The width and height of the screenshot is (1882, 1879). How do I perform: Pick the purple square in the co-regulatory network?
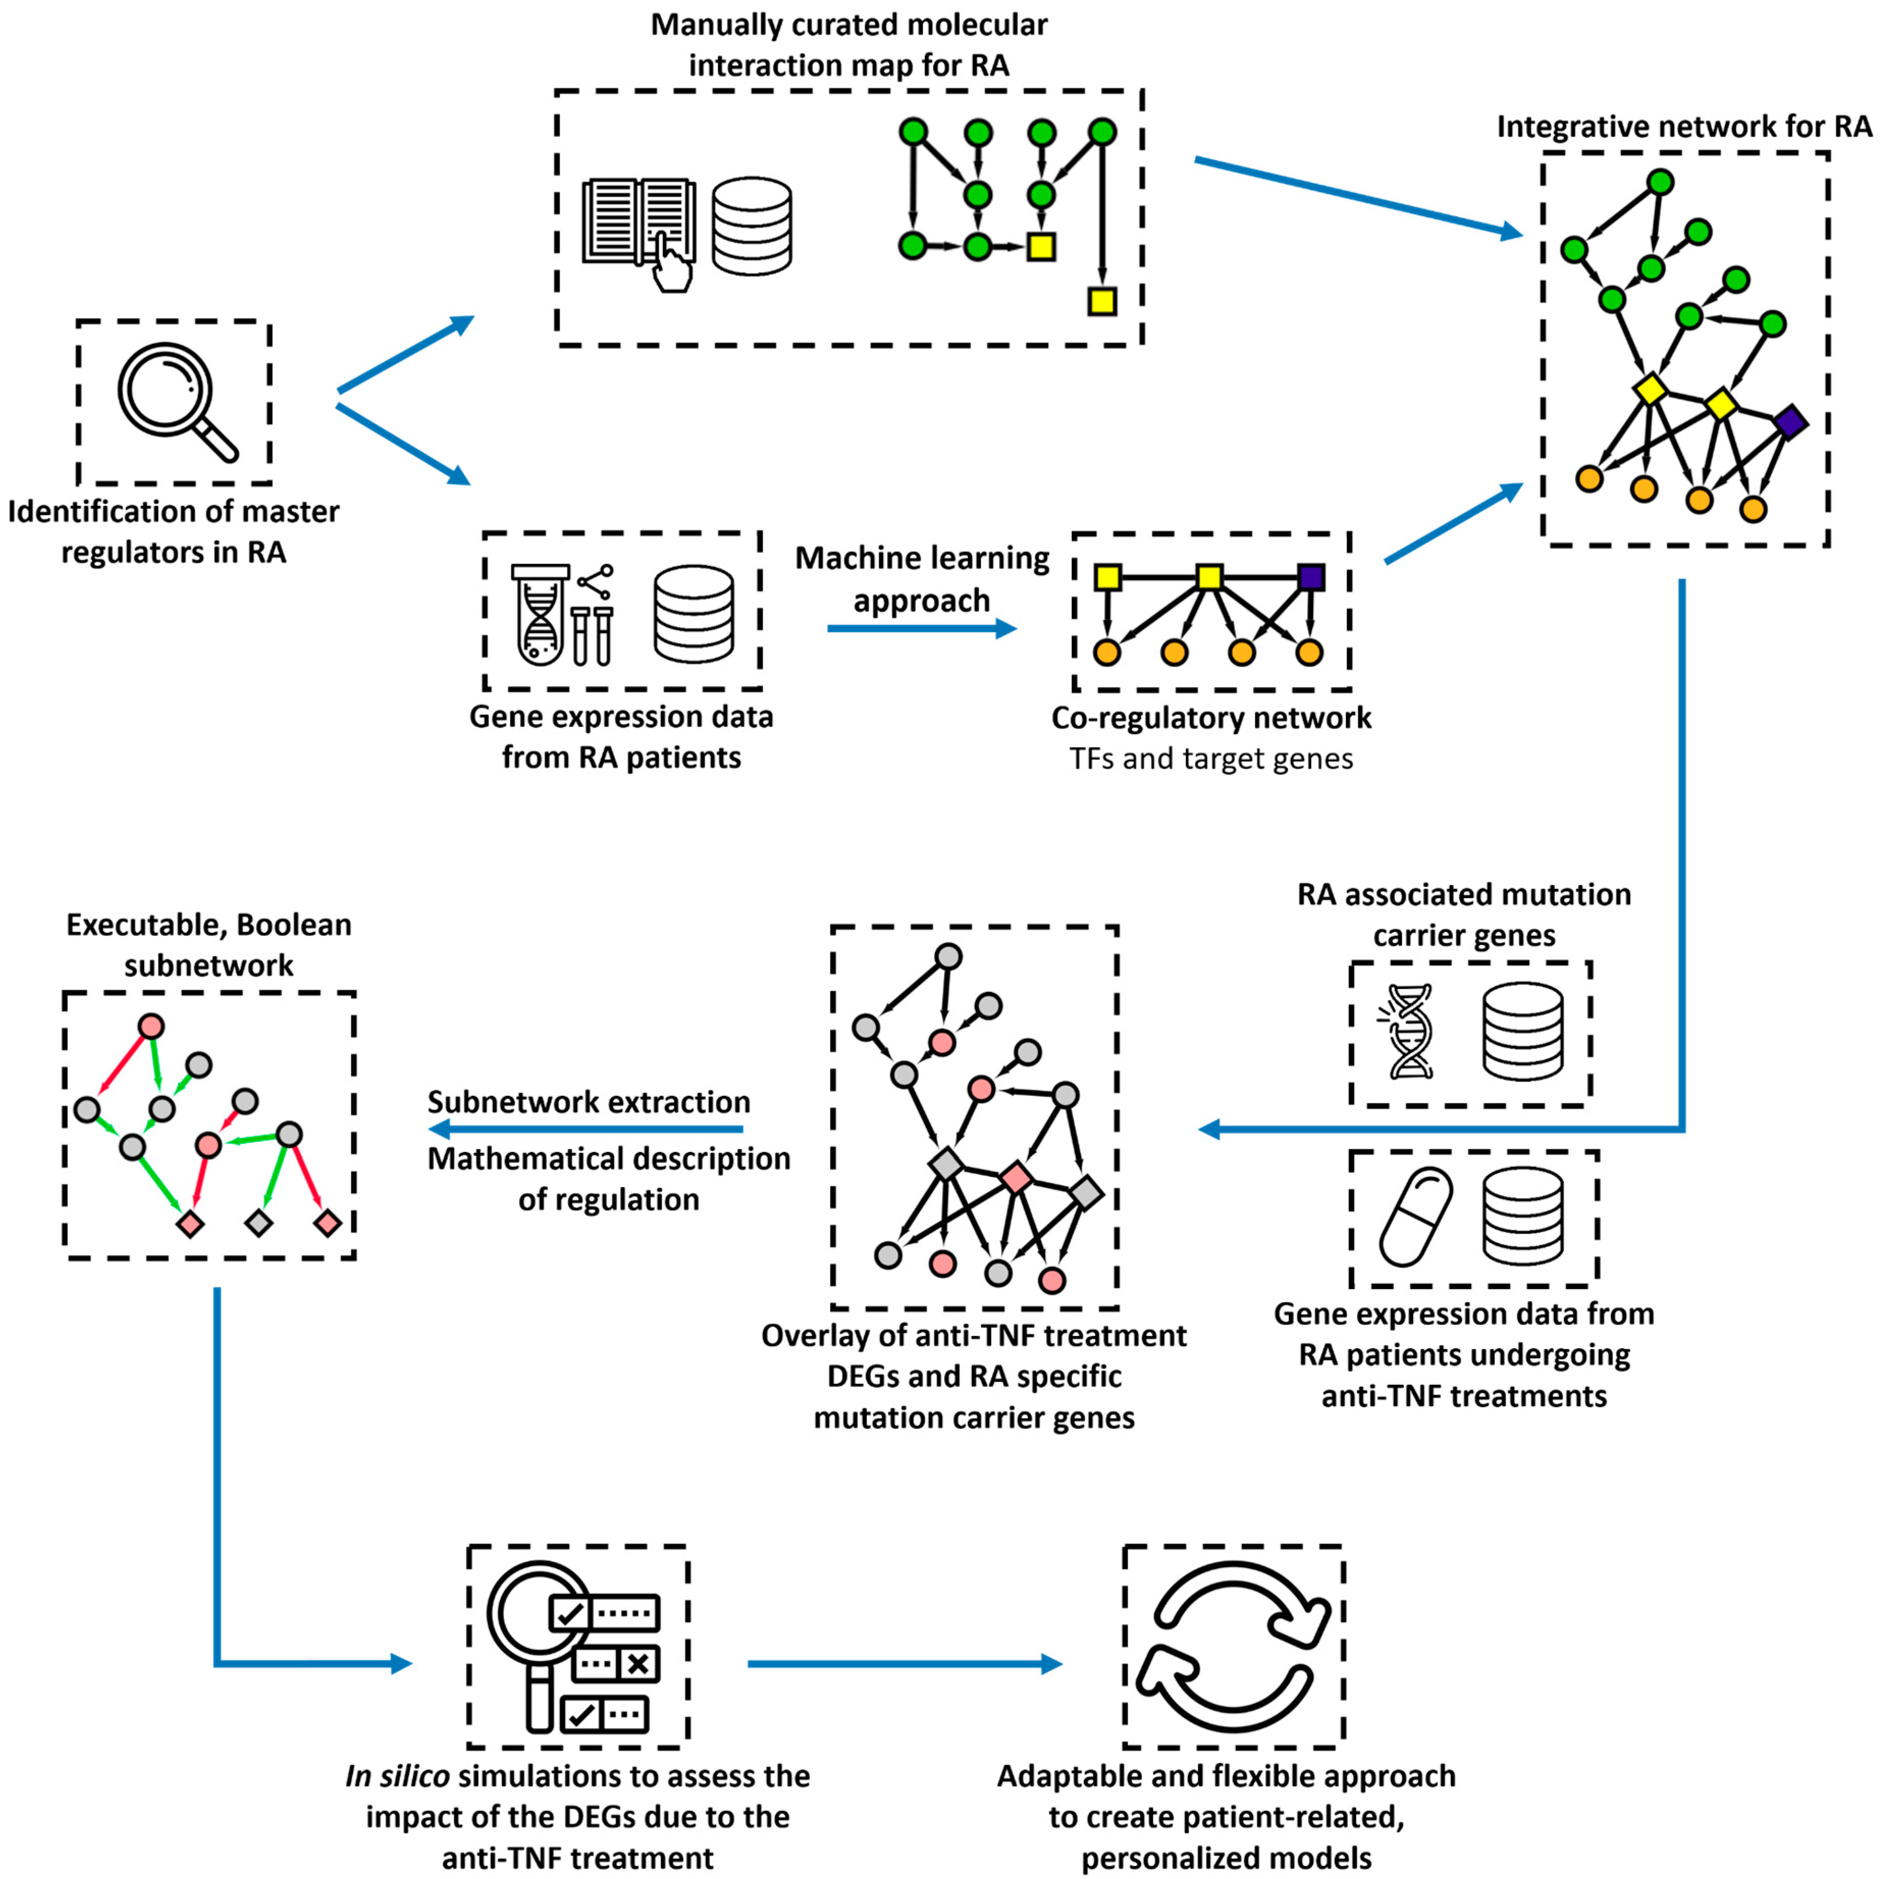pyautogui.click(x=1311, y=577)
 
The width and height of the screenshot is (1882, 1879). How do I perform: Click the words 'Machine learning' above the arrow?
pyautogui.click(x=921, y=558)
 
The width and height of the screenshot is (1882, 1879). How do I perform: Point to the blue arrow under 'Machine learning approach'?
pyautogui.click(x=920, y=628)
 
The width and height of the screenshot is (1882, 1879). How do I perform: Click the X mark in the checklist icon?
pyautogui.click(x=638, y=1663)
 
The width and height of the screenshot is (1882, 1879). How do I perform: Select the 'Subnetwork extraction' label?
pyautogui.click(x=589, y=1102)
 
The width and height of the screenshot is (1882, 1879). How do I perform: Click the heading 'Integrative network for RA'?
pyautogui.click(x=1683, y=127)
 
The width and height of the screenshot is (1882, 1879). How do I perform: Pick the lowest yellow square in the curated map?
pyautogui.click(x=1102, y=301)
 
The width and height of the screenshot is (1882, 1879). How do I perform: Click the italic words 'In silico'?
pyautogui.click(x=397, y=1776)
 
